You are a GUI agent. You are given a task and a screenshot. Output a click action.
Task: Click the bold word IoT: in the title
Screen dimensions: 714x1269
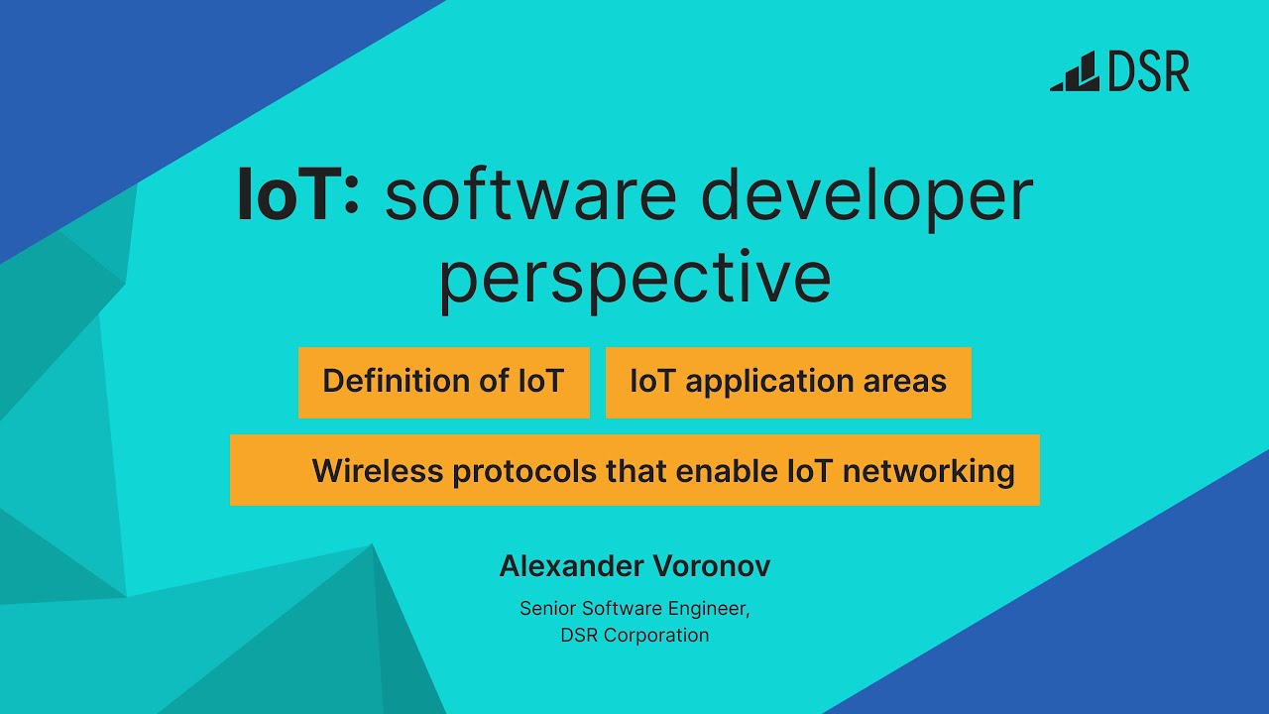[x=298, y=195]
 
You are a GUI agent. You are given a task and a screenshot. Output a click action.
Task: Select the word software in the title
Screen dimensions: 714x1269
[x=530, y=195]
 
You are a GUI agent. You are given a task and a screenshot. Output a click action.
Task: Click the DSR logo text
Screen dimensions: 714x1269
[x=1149, y=72]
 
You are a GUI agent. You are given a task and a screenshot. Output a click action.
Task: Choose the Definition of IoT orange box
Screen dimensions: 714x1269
[x=443, y=382]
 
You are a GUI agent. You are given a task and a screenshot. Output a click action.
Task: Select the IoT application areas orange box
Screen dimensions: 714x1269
[x=788, y=382]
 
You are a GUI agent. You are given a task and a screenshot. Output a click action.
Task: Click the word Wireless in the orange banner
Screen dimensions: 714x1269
[x=378, y=471]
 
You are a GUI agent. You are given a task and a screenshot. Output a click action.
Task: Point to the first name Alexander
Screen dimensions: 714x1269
[x=571, y=566]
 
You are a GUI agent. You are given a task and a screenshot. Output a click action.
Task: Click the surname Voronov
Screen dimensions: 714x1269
[x=712, y=566]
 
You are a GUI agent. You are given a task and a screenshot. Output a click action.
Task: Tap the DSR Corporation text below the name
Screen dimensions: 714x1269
[x=634, y=636]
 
